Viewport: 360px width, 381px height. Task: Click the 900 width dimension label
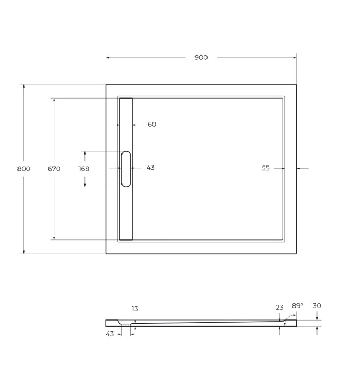pos(201,58)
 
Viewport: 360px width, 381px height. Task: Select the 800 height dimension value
pos(23,169)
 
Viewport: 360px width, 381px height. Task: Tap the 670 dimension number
pos(54,169)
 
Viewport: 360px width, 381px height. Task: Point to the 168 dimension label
pos(84,169)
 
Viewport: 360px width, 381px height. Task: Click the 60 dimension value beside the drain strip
pos(151,125)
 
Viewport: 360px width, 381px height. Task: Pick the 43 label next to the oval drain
pos(150,168)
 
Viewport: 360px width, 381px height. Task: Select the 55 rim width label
pos(265,168)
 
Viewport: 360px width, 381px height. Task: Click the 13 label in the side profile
pos(135,309)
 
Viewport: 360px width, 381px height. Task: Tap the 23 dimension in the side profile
pos(279,307)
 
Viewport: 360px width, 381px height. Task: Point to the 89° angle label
pos(297,306)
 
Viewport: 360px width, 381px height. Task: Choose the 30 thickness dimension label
pos(317,306)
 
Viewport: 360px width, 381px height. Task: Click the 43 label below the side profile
pos(110,334)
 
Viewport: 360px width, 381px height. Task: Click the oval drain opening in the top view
pos(126,169)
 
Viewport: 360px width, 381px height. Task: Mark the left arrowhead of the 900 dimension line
pos(108,58)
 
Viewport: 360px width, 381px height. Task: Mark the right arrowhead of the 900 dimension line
pos(295,58)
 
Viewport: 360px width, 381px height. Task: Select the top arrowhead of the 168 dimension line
pos(84,153)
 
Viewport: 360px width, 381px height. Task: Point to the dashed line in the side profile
pos(126,324)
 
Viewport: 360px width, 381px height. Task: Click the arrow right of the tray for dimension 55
pos(299,169)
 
